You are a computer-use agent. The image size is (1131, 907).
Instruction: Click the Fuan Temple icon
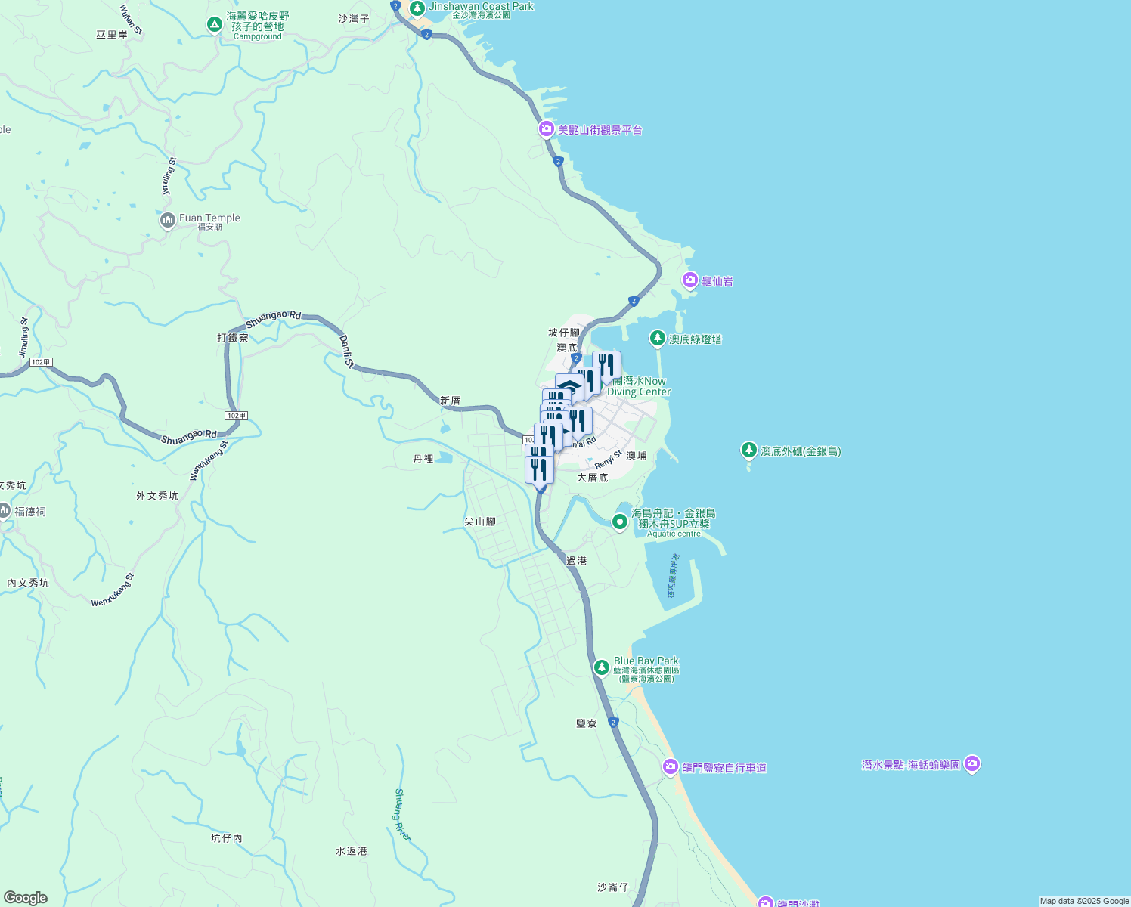[x=168, y=221]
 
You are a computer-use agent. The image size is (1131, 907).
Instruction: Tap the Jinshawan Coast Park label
[x=481, y=6]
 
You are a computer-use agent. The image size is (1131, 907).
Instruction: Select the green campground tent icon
[x=215, y=25]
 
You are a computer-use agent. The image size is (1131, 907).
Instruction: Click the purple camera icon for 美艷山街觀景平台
[x=546, y=129]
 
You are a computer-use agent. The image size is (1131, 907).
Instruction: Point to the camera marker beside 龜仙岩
[x=689, y=280]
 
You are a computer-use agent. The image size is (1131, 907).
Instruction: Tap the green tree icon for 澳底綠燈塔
[x=658, y=339]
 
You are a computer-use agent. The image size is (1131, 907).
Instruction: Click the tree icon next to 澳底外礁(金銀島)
[x=748, y=450]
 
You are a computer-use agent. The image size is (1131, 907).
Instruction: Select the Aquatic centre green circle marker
[x=620, y=522]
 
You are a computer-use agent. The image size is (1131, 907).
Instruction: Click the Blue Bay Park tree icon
[x=601, y=667]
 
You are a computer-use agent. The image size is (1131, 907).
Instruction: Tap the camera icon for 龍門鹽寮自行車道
[x=670, y=767]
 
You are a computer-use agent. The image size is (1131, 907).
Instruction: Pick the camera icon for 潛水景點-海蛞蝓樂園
[x=972, y=764]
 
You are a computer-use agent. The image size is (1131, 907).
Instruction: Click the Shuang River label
[x=402, y=814]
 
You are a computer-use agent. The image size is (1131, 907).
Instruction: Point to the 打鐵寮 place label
[x=233, y=337]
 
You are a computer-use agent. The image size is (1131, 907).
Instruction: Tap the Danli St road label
[x=346, y=351]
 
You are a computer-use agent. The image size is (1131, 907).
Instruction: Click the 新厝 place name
[x=450, y=401]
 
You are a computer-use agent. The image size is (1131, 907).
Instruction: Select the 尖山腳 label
[x=480, y=522]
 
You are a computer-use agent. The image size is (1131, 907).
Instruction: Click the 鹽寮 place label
[x=587, y=723]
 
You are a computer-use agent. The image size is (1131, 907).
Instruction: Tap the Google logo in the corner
[x=26, y=898]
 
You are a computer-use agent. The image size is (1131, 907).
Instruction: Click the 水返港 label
[x=352, y=851]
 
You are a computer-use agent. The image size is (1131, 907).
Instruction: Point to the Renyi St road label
[x=608, y=460]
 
